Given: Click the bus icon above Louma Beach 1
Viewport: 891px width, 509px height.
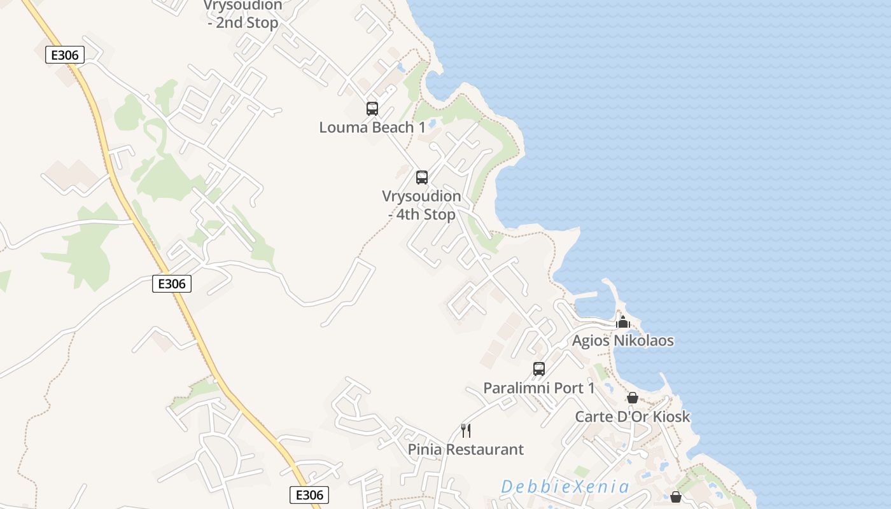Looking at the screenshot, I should click(372, 108).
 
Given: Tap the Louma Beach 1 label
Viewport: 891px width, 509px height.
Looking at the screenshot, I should click(372, 127).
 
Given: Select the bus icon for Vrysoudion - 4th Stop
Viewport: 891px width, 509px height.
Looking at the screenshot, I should click(422, 177).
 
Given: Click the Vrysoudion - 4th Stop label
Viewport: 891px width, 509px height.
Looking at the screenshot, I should click(421, 205).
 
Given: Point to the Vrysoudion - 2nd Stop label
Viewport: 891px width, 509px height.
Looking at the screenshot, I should click(243, 14).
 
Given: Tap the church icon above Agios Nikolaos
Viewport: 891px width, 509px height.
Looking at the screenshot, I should click(623, 322).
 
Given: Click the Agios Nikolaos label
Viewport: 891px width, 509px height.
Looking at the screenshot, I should click(622, 340).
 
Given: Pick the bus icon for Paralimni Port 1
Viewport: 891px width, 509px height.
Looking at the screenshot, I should click(539, 368).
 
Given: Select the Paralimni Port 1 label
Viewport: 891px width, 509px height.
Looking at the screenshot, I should click(538, 387).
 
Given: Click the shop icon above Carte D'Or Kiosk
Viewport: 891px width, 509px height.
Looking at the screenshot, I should click(633, 398).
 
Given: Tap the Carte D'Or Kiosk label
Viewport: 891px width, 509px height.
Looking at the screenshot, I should click(633, 417).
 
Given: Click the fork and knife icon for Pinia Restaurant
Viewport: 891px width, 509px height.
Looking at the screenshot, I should click(466, 431).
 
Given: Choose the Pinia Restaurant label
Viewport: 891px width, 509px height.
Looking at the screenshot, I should click(466, 449).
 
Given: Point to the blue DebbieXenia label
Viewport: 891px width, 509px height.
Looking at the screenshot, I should click(565, 487).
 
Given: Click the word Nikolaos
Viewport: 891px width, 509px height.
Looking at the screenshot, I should click(643, 340).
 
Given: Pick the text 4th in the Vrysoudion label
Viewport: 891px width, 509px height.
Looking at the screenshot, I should click(408, 214).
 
